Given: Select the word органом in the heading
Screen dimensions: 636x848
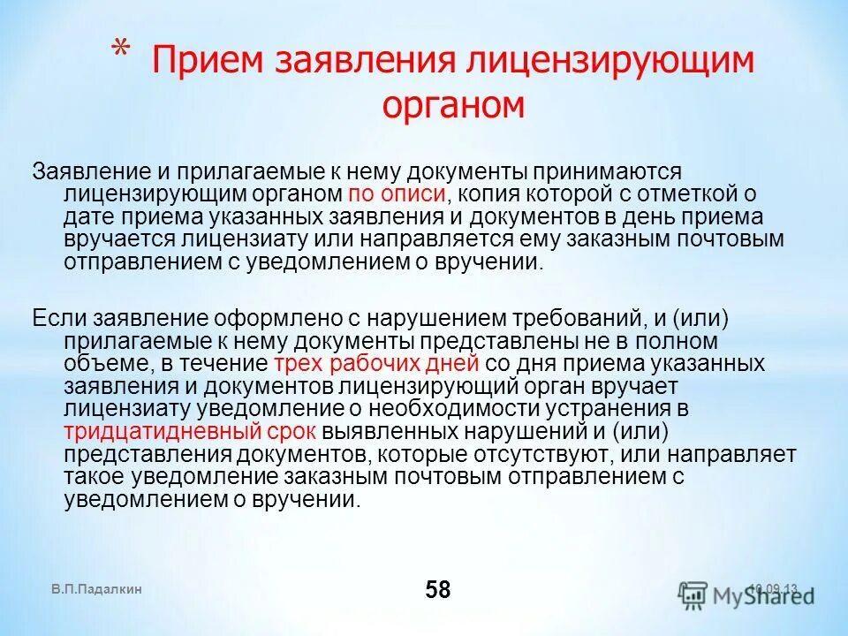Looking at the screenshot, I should (x=453, y=104).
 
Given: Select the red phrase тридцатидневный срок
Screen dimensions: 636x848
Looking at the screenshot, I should (x=190, y=432).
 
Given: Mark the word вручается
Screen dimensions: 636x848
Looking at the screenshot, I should (x=116, y=239).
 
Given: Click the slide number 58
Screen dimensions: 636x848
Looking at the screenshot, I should (x=437, y=590).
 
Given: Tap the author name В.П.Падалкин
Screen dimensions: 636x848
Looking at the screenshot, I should (x=96, y=589).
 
